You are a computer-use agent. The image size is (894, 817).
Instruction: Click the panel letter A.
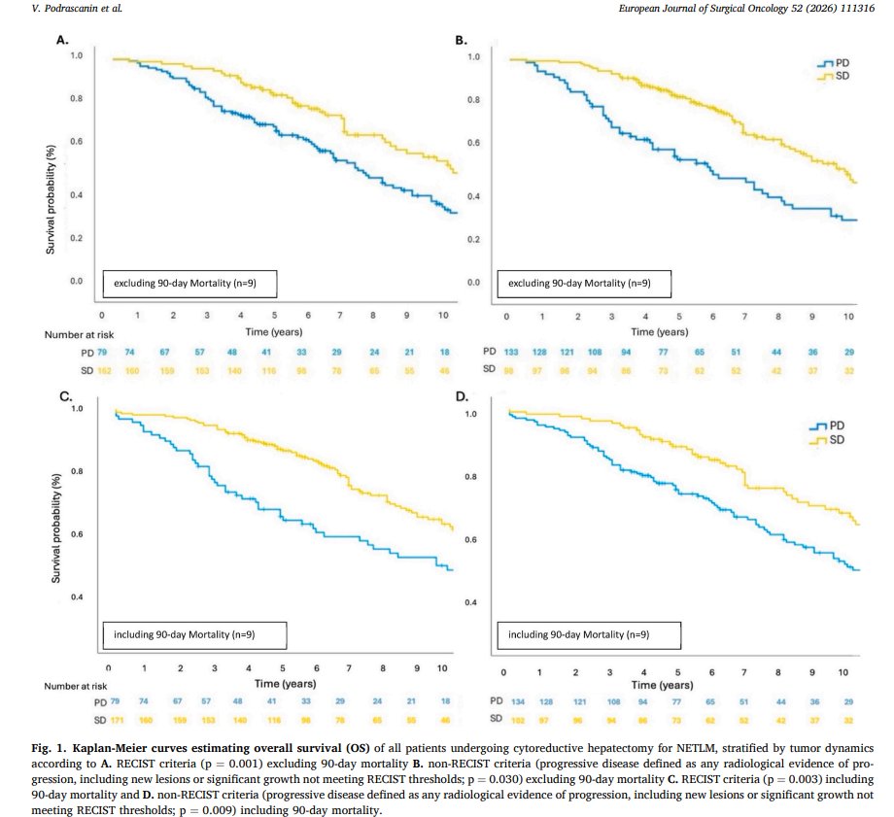pyautogui.click(x=63, y=40)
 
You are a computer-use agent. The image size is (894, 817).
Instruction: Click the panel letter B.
pyautogui.click(x=463, y=40)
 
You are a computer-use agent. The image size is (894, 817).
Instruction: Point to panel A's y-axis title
pyautogui.click(x=50, y=200)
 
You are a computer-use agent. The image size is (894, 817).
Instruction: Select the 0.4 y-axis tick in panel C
pyautogui.click(x=77, y=596)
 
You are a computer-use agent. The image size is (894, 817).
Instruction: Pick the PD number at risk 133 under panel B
pyautogui.click(x=509, y=351)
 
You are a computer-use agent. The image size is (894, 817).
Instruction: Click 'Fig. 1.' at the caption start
pyautogui.click(x=50, y=751)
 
